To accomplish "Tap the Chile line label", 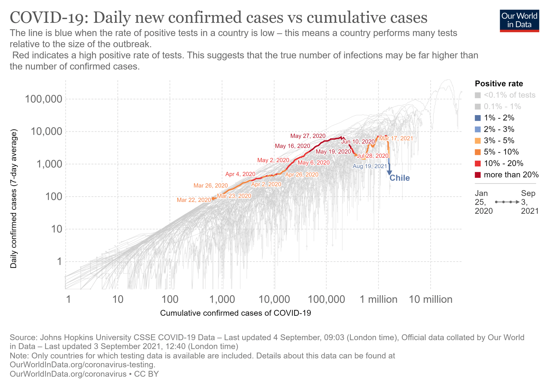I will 400,178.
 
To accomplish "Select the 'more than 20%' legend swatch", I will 478,175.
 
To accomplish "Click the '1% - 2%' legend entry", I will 499,118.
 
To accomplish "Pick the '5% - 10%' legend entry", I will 501,152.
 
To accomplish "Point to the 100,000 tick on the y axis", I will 43,99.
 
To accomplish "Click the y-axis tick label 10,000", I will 46,131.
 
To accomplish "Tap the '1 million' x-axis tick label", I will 378,299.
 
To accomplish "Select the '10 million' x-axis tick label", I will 431,299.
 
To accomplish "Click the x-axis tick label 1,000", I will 222,299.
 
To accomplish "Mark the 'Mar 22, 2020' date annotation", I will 194,200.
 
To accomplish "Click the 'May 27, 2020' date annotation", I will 308,136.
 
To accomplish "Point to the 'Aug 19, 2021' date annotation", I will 370,166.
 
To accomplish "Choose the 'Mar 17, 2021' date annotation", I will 396,138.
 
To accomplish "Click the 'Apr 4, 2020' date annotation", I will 240,174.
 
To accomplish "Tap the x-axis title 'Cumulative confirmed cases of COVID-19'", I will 235,313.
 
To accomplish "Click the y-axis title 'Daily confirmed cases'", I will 13,199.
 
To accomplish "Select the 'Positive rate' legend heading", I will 499,84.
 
